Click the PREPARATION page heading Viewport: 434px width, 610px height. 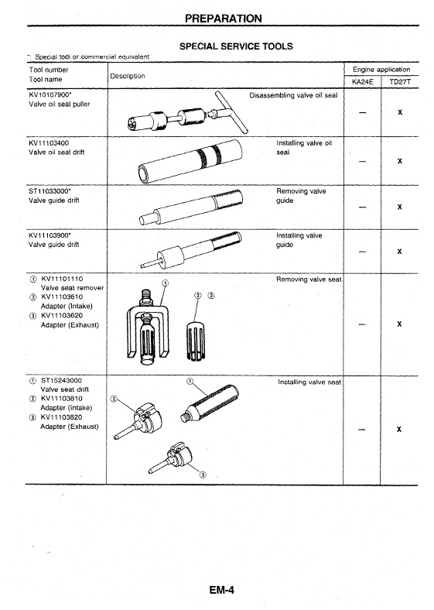pos(224,19)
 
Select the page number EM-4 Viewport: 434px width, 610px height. pos(222,590)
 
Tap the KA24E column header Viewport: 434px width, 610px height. pos(363,82)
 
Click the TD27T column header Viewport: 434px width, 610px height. pos(400,82)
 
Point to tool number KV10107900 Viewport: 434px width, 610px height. pos(50,94)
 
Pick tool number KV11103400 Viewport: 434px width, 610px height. pos(49,142)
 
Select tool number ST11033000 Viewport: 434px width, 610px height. pos(50,191)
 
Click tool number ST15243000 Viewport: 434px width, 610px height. pos(61,380)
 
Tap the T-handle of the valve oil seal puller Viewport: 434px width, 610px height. pos(232,112)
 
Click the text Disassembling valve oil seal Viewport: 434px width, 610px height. pos(293,95)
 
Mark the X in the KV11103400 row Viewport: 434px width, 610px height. pos(400,161)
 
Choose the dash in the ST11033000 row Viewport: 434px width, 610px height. pos(363,207)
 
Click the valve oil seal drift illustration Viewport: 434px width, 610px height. pos(190,161)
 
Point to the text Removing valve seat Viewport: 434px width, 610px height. pos(309,279)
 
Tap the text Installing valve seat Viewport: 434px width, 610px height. pos(309,382)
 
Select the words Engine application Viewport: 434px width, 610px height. pos(381,69)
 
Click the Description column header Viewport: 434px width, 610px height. pos(128,76)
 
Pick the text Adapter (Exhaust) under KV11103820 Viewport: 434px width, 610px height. pos(70,427)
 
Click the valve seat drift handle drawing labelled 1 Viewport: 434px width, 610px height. pos(210,403)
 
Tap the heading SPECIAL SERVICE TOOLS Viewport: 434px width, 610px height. pos(236,46)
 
